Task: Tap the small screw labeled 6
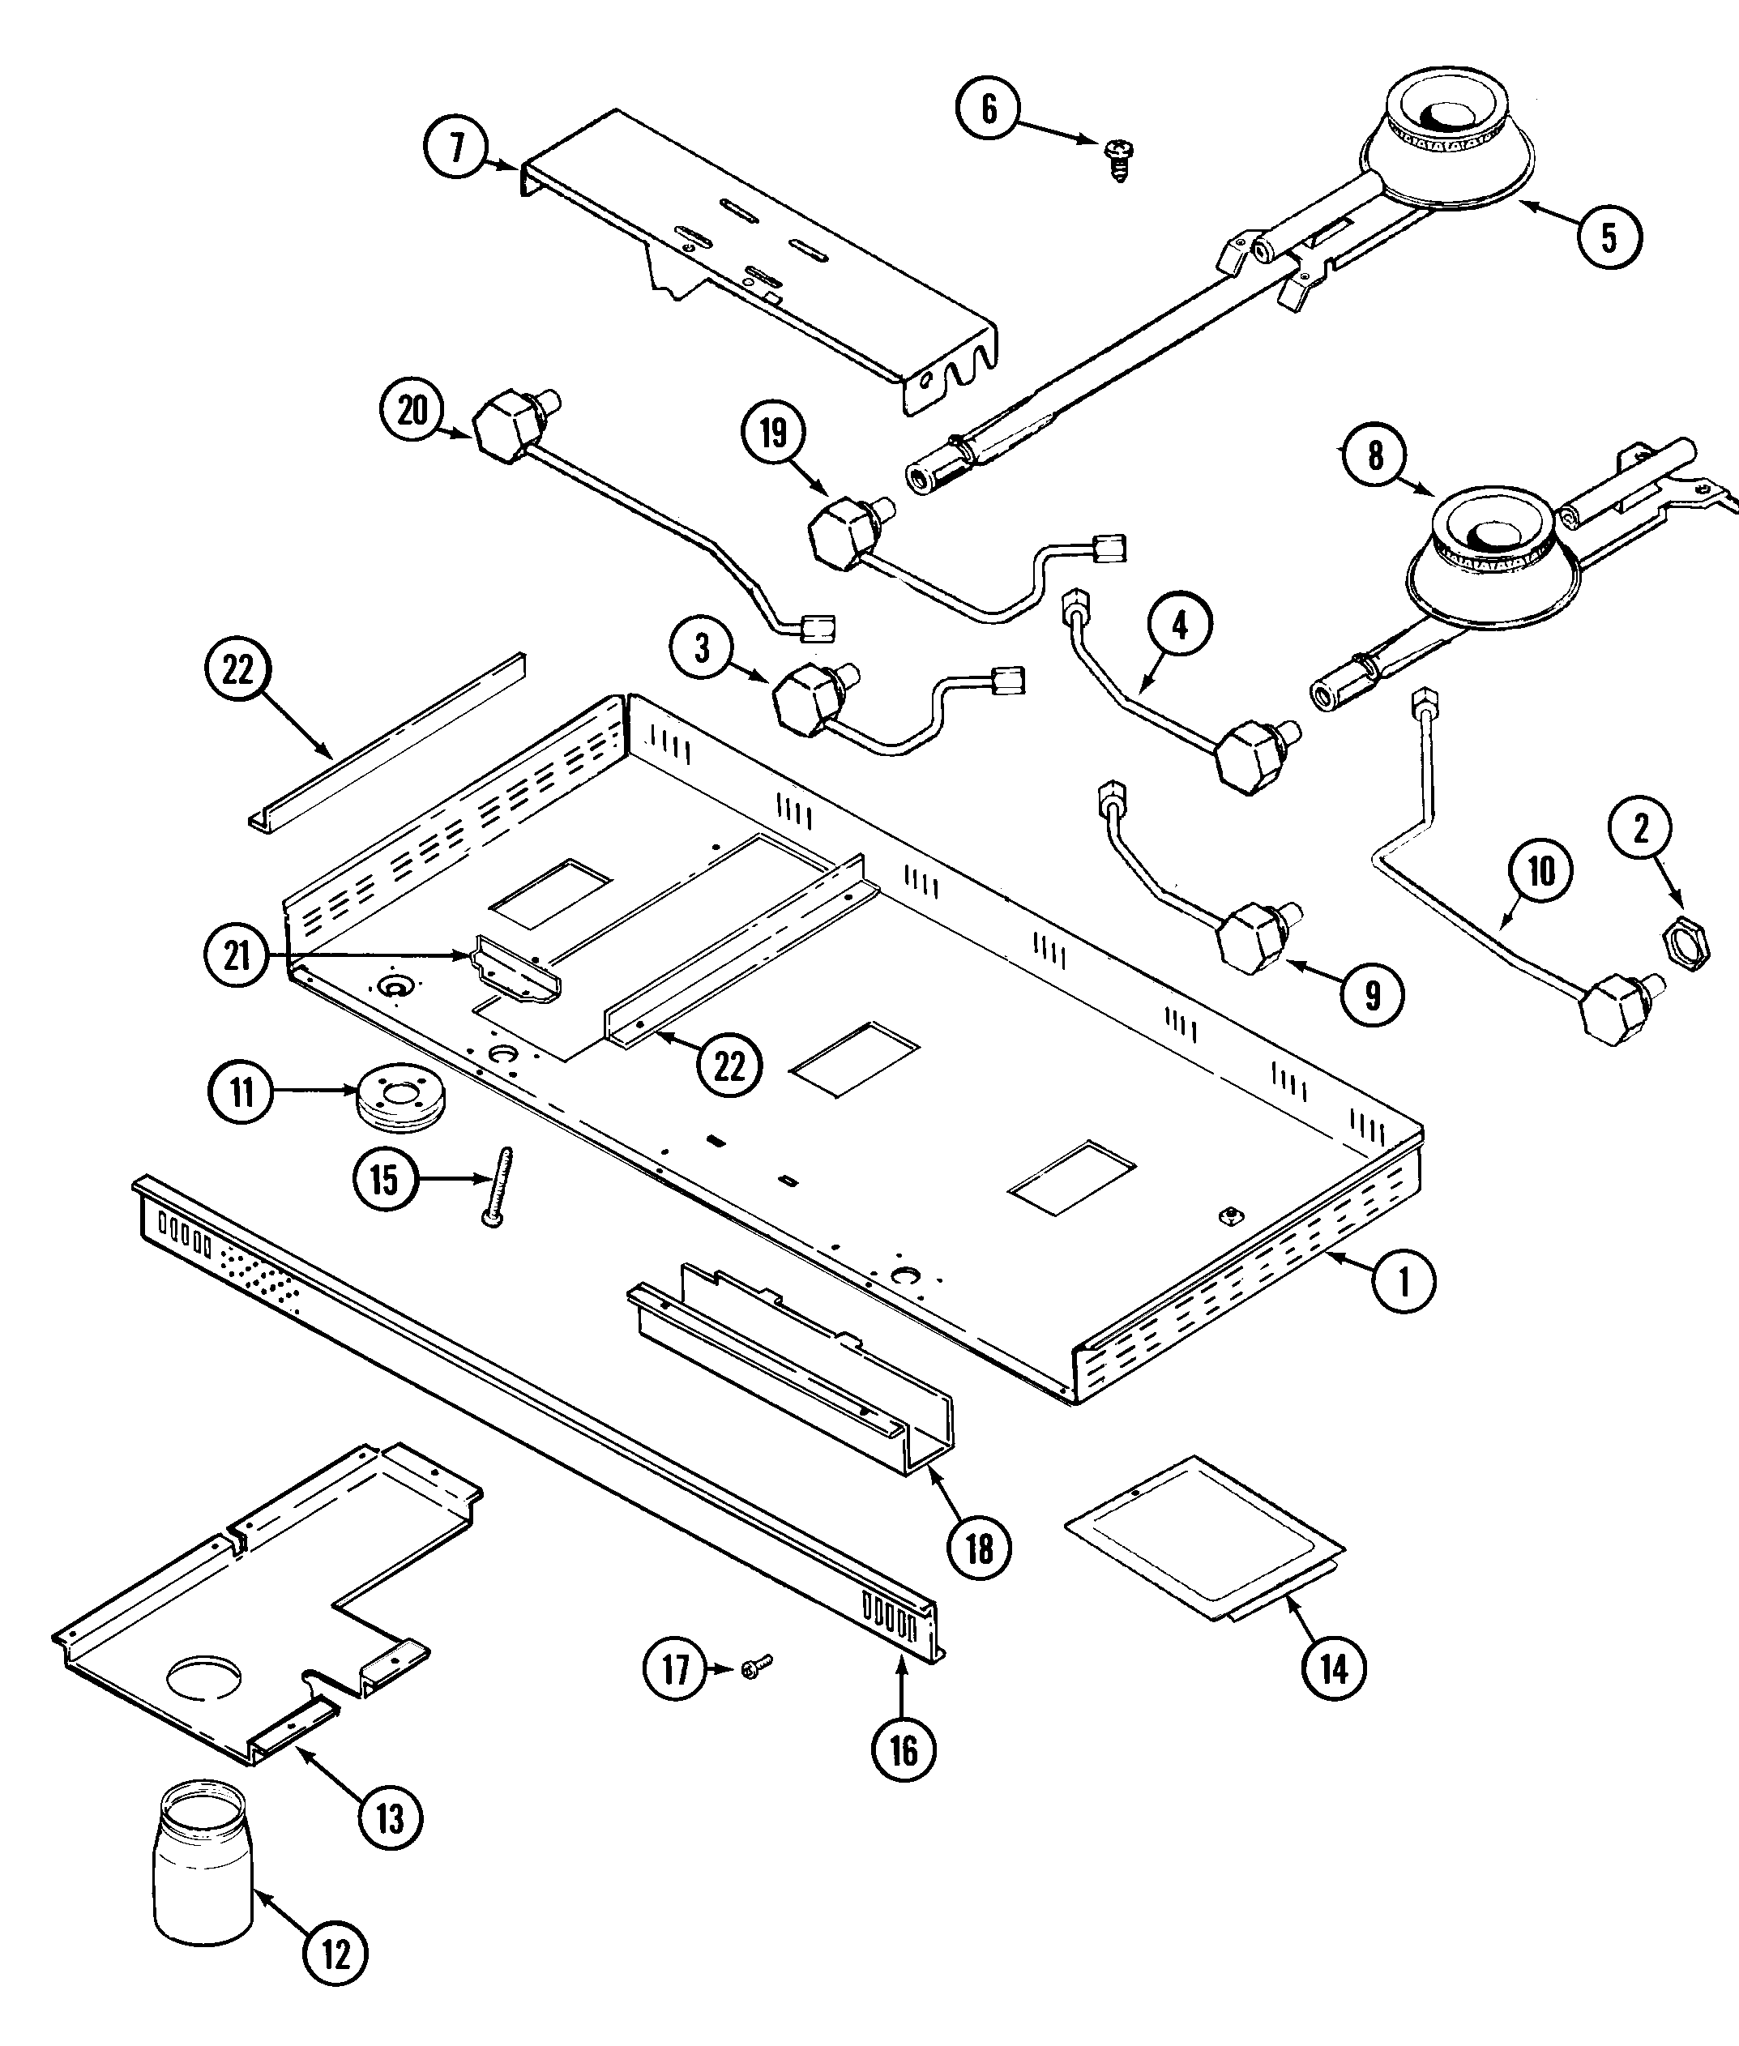point(1119,159)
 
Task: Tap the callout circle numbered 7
point(456,147)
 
